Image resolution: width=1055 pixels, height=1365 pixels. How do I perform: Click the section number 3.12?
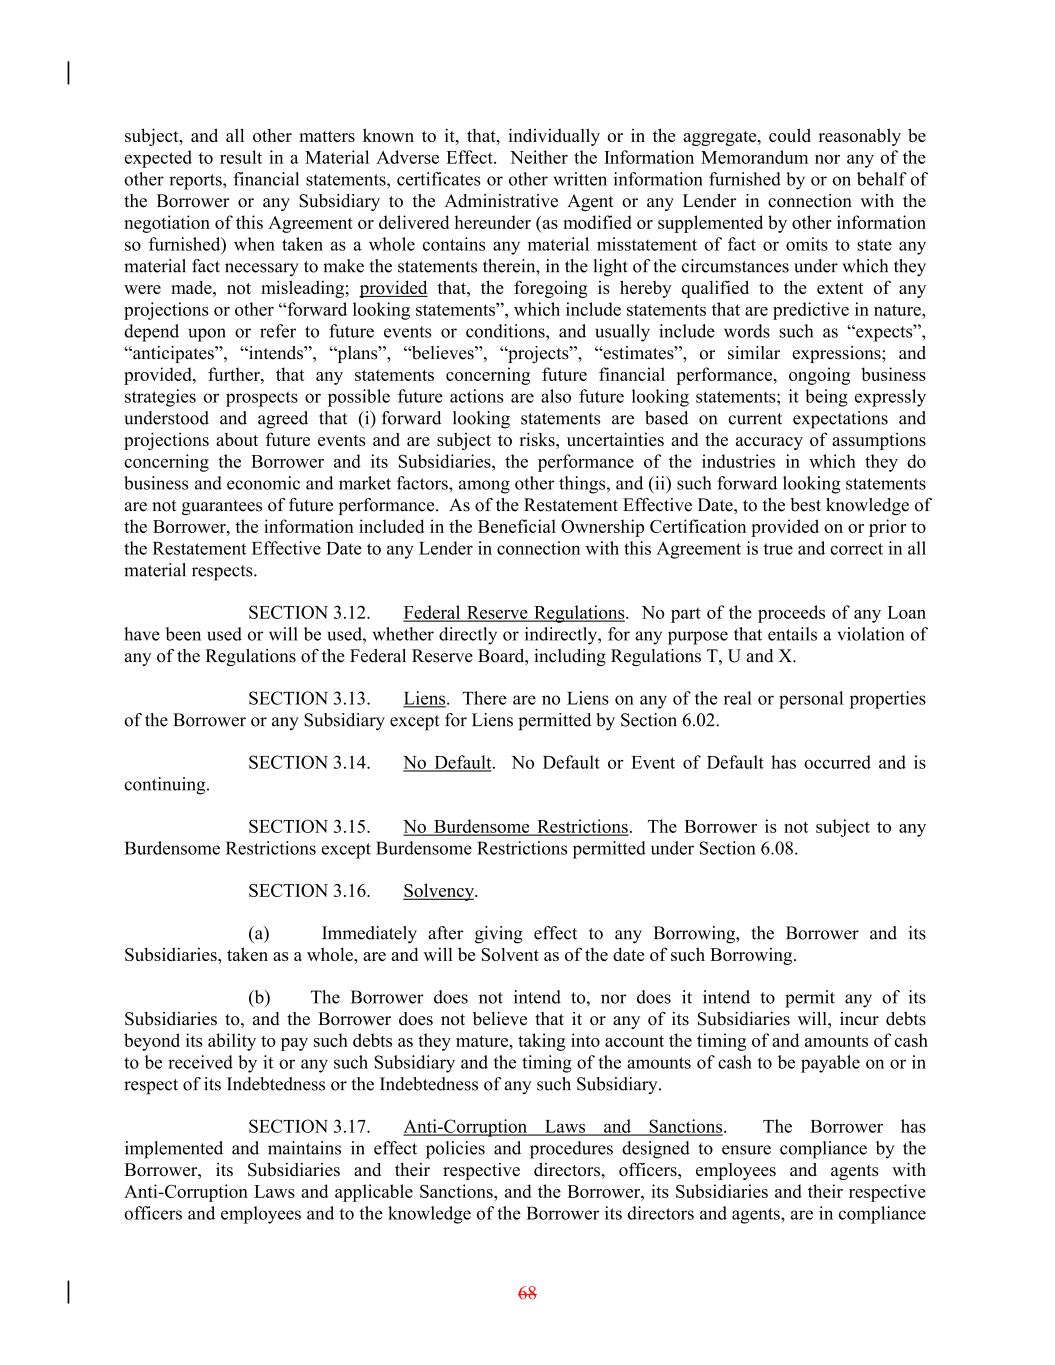pyautogui.click(x=350, y=613)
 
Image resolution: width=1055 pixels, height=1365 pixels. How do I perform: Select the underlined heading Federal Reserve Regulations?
pyautogui.click(x=514, y=613)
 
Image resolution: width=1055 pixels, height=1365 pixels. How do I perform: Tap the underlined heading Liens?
pyautogui.click(x=424, y=699)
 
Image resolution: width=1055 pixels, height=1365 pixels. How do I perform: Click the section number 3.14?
pyautogui.click(x=350, y=763)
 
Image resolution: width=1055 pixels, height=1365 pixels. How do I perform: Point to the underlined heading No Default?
pyautogui.click(x=447, y=763)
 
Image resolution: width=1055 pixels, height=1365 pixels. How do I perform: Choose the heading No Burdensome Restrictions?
pyautogui.click(x=515, y=827)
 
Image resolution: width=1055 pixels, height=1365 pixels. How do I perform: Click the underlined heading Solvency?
pyautogui.click(x=438, y=891)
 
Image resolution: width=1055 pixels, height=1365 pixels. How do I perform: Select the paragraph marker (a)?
pyautogui.click(x=259, y=934)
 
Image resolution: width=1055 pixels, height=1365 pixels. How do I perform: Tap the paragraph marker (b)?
pyautogui.click(x=259, y=998)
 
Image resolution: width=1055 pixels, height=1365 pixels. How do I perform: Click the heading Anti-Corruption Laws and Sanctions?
pyautogui.click(x=562, y=1127)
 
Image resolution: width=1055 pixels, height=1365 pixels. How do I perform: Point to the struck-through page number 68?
pyautogui.click(x=527, y=1293)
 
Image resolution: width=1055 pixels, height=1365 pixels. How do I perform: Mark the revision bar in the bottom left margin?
pyautogui.click(x=68, y=1292)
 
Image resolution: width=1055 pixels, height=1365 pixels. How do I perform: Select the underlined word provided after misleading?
pyautogui.click(x=393, y=289)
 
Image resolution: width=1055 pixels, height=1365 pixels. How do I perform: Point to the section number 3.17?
pyautogui.click(x=350, y=1127)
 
